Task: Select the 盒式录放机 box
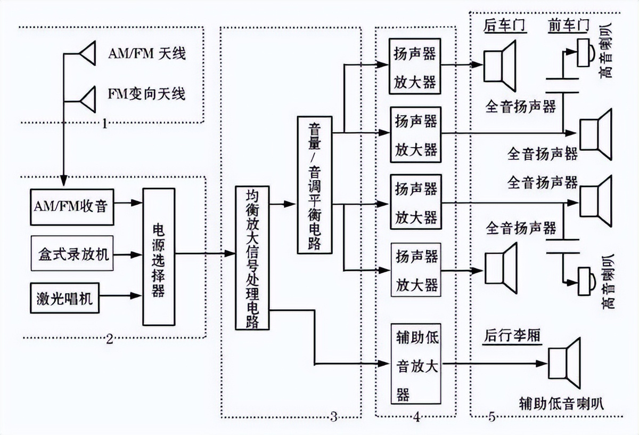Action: point(72,253)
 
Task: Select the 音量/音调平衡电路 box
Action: point(314,184)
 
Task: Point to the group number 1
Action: point(104,125)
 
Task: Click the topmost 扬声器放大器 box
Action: point(415,66)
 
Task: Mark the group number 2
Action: point(109,339)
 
